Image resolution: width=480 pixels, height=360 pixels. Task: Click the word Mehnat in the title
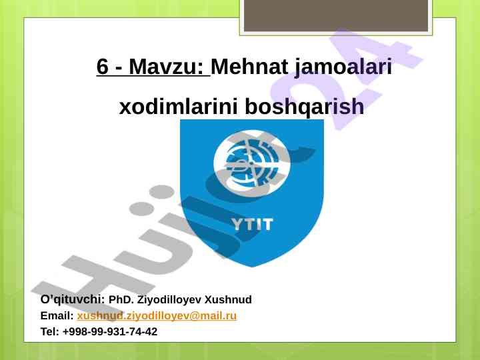point(249,67)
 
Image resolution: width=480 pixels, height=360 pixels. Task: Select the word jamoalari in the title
point(343,68)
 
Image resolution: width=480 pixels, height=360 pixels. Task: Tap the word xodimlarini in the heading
point(178,106)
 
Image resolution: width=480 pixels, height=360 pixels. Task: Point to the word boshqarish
point(305,107)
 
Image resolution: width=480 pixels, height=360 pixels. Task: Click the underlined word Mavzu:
point(166,67)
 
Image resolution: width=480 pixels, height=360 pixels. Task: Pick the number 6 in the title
point(103,67)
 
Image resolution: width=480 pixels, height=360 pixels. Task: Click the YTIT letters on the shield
point(252,225)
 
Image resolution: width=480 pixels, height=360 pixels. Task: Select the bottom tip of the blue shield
point(252,267)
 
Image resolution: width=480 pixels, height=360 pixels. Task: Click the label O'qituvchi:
point(73,299)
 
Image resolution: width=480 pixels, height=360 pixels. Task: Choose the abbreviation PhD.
point(121,299)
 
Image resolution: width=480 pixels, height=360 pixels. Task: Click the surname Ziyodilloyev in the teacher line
point(169,300)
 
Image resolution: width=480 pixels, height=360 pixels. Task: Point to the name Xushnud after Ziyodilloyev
point(228,299)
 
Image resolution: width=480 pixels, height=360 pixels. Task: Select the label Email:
point(57,315)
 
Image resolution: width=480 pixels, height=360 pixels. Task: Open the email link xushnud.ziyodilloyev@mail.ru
point(157,316)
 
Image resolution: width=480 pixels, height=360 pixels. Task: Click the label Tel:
point(50,331)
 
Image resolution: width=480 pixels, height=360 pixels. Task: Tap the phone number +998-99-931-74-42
point(110,331)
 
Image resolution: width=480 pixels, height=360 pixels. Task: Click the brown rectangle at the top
point(336,15)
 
